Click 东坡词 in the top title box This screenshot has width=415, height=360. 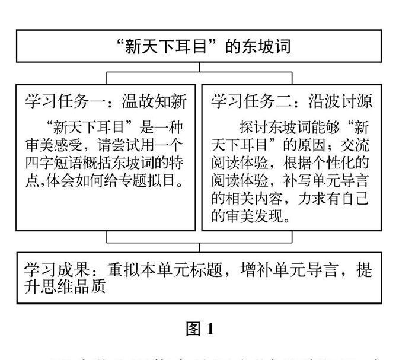269,46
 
